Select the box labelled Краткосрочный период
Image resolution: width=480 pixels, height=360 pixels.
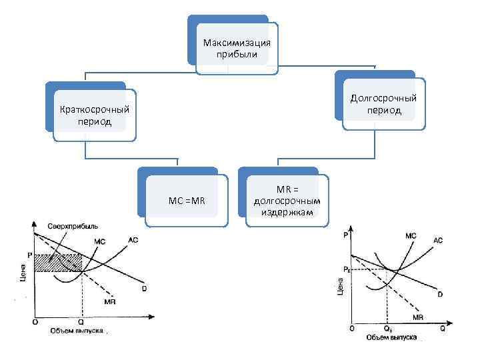(94, 116)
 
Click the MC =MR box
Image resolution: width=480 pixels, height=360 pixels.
(187, 200)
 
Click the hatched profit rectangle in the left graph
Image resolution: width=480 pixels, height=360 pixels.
(57, 263)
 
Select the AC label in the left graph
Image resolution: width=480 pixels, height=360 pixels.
(133, 239)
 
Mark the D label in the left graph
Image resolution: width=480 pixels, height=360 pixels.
(143, 288)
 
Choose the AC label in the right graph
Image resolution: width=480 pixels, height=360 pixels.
(439, 240)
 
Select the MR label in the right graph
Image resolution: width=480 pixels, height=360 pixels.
(418, 317)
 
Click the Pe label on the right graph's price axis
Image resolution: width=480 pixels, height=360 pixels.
(346, 269)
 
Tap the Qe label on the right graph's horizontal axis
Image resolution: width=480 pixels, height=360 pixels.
(387, 328)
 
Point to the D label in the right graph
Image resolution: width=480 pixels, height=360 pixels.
(440, 294)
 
